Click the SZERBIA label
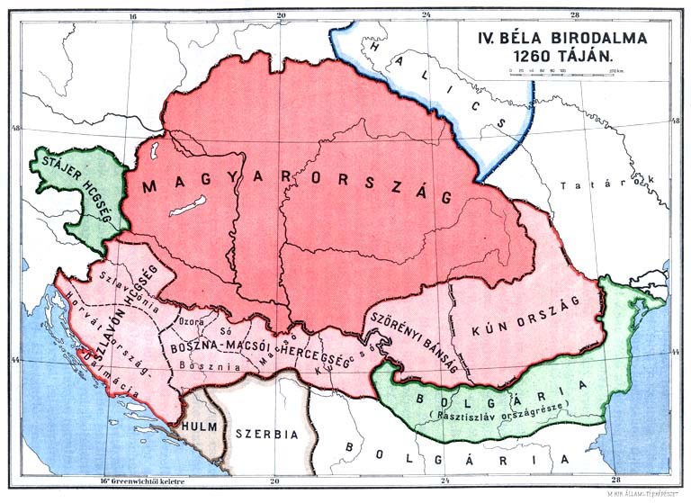(266, 433)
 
